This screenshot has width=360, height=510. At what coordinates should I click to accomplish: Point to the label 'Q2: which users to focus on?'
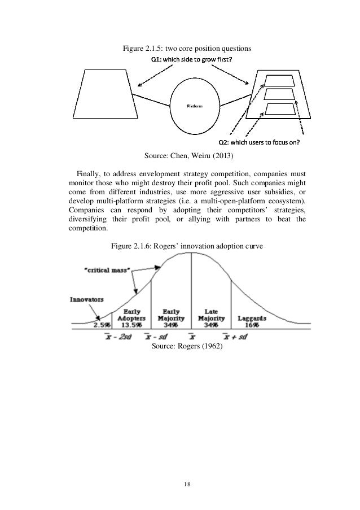click(260, 142)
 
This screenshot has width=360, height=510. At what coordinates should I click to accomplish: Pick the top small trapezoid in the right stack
click(280, 80)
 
